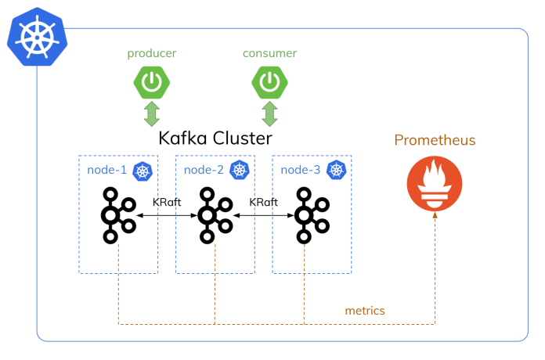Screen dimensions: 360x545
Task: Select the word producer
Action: [152, 53]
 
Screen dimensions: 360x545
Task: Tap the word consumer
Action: [269, 53]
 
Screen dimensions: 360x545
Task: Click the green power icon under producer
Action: [151, 81]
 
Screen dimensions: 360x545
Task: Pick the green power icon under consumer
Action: [269, 81]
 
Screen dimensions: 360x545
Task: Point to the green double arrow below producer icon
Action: [151, 113]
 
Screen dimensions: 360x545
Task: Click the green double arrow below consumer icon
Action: [269, 113]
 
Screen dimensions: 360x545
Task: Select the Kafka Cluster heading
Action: [215, 139]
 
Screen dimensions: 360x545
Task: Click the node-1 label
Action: [106, 170]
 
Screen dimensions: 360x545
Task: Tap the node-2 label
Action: [203, 170]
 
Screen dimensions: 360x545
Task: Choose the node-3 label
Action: [301, 170]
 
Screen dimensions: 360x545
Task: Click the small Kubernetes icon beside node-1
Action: [142, 170]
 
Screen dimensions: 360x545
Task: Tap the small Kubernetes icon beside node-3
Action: [337, 170]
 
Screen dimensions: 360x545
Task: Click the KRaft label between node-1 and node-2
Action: [167, 201]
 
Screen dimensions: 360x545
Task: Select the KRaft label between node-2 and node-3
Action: [264, 201]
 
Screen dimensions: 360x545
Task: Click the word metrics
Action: [365, 311]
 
